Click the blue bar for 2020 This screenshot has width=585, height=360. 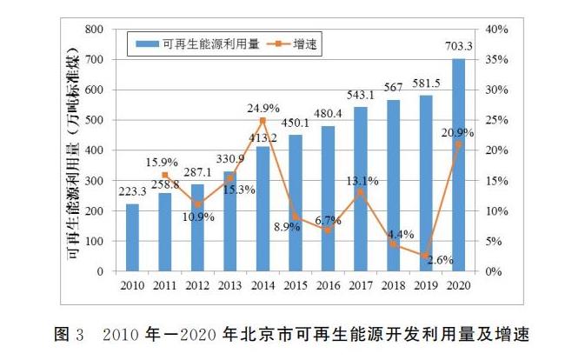point(457,165)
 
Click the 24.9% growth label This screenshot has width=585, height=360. point(263,109)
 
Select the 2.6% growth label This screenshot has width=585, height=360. point(441,260)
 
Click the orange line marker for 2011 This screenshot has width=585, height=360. point(165,175)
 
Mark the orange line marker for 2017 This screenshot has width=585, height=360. point(360,192)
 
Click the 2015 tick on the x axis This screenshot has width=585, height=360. point(295,284)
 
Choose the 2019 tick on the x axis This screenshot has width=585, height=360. point(425,284)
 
